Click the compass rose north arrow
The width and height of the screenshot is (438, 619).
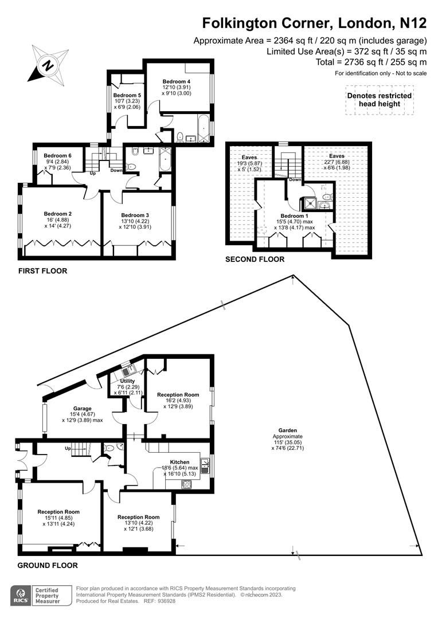pos(45,65)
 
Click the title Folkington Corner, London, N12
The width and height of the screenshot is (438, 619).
pos(314,23)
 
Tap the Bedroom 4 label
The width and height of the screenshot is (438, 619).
pos(176,81)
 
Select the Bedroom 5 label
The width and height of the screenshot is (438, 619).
pos(127,95)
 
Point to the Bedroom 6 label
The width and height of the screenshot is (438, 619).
pos(57,155)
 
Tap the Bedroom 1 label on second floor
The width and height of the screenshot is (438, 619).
pos(295,216)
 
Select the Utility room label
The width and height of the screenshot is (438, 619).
pos(127,381)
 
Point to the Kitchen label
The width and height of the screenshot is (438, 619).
pos(179,462)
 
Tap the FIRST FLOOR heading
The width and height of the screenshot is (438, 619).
pos(43,271)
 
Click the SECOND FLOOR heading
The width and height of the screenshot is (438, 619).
pos(255,259)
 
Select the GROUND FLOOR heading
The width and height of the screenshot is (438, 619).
pos(48,565)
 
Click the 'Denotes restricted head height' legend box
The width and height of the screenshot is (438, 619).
pos(379,100)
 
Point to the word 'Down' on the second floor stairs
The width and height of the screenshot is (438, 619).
pos(295,179)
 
